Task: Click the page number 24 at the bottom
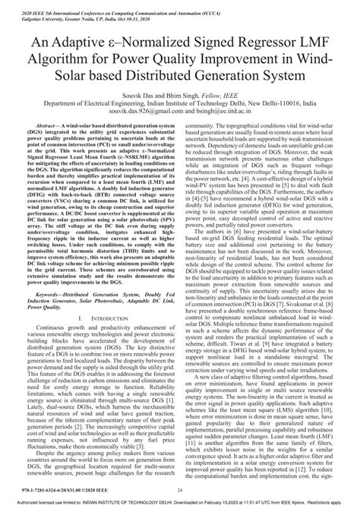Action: (179, 491)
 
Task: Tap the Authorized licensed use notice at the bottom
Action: (180, 502)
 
